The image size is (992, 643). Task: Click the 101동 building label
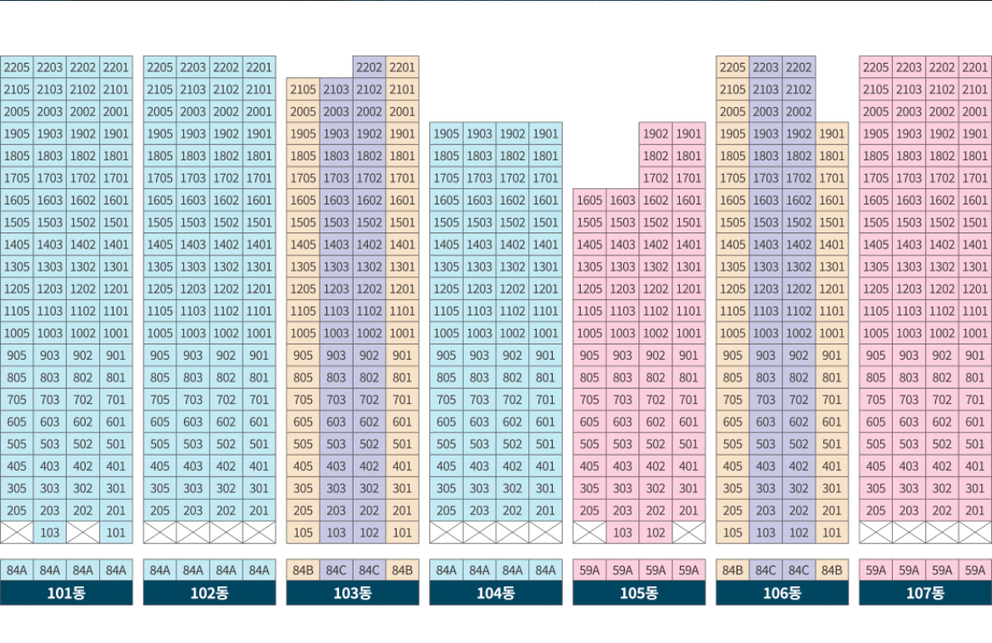click(66, 593)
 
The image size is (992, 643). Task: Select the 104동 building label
click(496, 593)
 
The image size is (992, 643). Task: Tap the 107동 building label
click(925, 593)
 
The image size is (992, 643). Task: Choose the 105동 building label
click(639, 593)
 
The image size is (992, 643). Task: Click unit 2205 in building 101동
click(17, 67)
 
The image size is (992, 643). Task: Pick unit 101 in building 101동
click(116, 533)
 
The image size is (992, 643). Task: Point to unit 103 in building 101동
click(50, 533)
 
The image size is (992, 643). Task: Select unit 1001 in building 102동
click(259, 333)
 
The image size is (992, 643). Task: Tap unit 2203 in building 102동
click(193, 67)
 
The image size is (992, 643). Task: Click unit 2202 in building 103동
click(370, 67)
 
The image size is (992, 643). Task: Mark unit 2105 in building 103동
click(303, 89)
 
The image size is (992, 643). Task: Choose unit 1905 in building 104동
click(446, 133)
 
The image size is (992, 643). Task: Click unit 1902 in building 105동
click(655, 133)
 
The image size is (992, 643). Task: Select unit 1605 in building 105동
click(589, 200)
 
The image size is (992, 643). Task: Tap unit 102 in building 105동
click(655, 533)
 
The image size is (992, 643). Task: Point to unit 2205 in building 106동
click(733, 67)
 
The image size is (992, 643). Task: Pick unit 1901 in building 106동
click(832, 133)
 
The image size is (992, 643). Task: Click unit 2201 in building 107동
click(975, 67)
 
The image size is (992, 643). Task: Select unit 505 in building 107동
click(876, 444)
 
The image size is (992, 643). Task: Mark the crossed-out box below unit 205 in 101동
click(17, 533)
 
